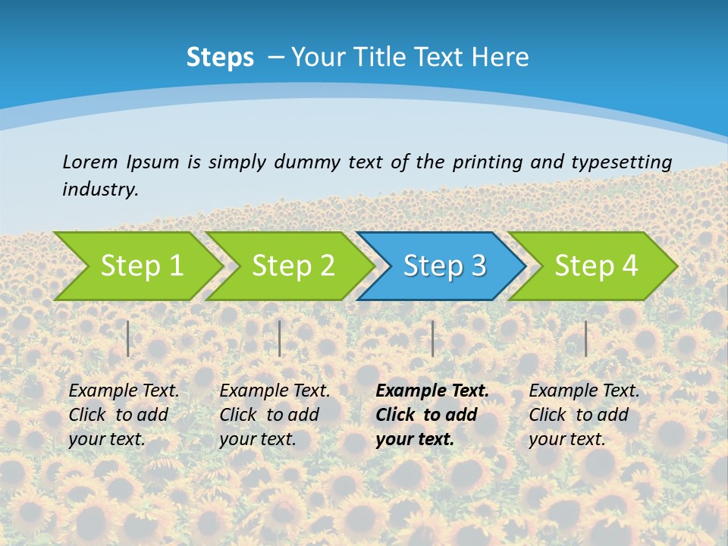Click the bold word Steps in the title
coord(220,58)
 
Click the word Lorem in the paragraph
coord(90,162)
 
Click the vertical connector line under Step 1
coord(128,338)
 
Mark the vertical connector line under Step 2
coord(280,338)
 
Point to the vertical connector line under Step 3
coord(433,338)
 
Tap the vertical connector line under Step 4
coord(586,338)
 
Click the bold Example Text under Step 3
coord(432,391)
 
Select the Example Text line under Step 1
coord(124,391)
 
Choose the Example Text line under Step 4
coord(584,391)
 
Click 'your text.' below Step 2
coord(257,438)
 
